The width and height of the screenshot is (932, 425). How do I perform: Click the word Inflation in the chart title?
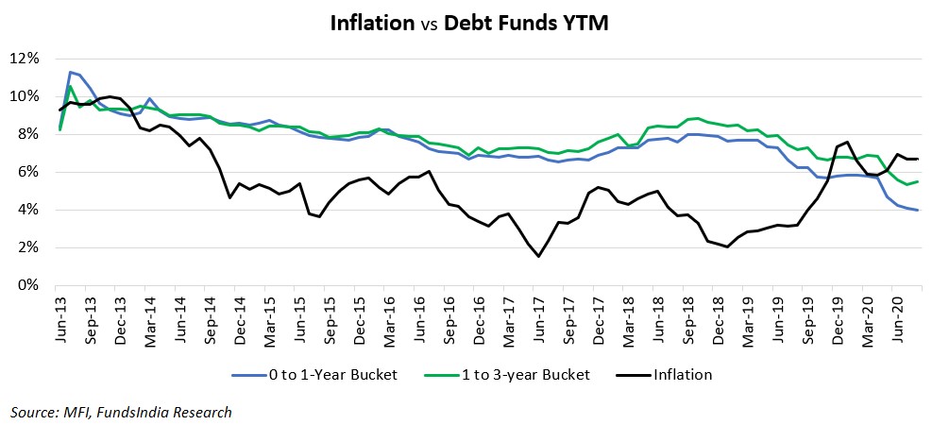click(372, 23)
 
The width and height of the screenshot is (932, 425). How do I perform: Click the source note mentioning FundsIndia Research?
click(121, 412)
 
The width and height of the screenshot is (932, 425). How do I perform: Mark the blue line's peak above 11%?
click(70, 72)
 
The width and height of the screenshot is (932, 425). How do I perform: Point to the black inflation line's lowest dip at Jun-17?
click(538, 256)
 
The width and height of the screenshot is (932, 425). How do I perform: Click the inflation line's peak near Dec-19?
click(848, 142)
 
